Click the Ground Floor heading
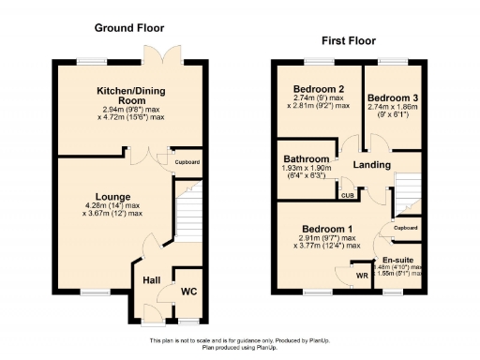(128, 28)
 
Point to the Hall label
(151, 279)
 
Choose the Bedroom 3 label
(393, 97)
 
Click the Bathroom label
(307, 159)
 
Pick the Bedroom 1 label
(327, 228)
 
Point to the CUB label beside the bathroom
(347, 195)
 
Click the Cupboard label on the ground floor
(187, 162)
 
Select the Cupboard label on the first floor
(405, 228)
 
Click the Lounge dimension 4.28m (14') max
(112, 205)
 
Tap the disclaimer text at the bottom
(240, 343)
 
